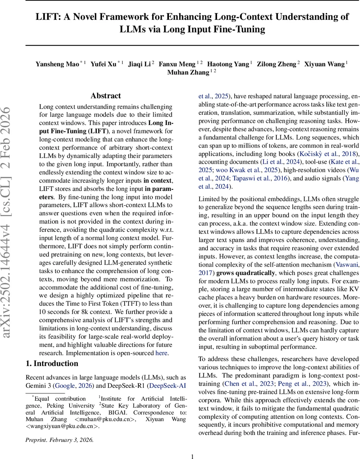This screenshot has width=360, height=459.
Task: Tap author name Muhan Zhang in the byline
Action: point(188,73)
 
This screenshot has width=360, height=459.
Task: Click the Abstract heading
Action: point(106,96)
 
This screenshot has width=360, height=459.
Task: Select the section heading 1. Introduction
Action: point(52,363)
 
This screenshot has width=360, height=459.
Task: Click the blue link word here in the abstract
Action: point(161,353)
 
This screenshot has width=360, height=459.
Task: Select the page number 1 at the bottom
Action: point(193,456)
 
